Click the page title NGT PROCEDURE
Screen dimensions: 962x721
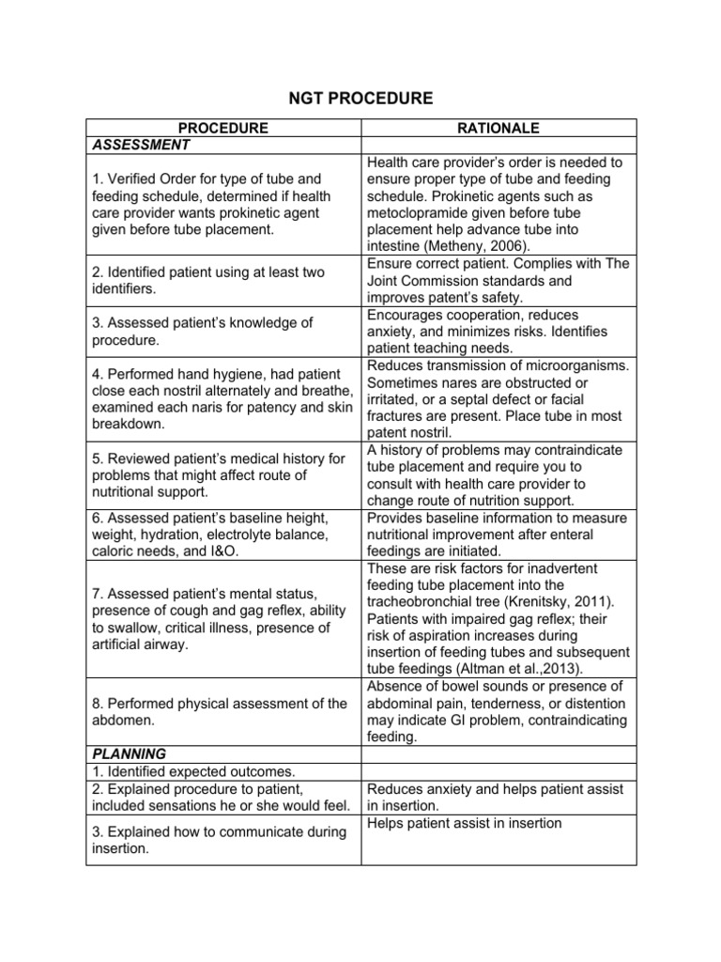pos(360,97)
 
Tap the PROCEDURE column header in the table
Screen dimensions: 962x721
pos(223,128)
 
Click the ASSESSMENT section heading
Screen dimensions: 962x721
pos(140,145)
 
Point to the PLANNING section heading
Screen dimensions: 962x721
pos(129,753)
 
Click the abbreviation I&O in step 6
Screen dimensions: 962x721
pos(222,551)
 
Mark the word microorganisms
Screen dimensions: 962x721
pos(568,365)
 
